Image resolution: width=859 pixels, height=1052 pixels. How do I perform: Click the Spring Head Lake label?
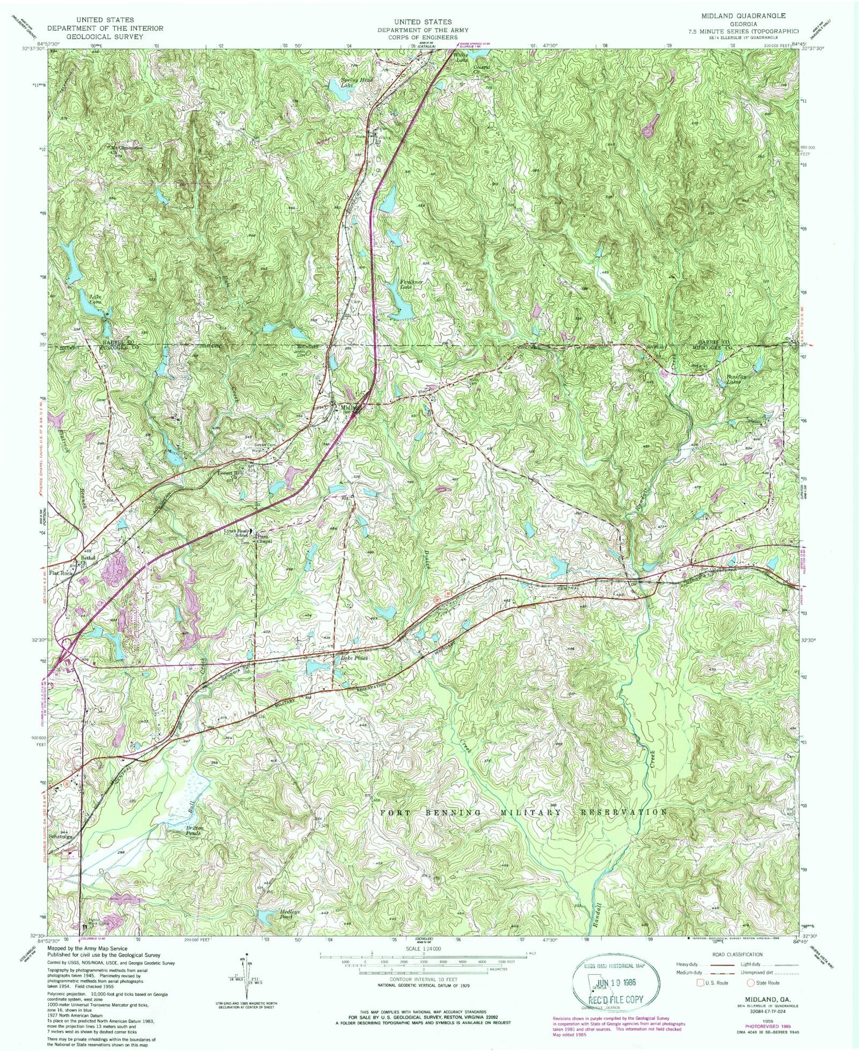(x=357, y=83)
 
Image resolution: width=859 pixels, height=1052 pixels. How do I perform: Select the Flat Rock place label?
(x=61, y=573)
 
